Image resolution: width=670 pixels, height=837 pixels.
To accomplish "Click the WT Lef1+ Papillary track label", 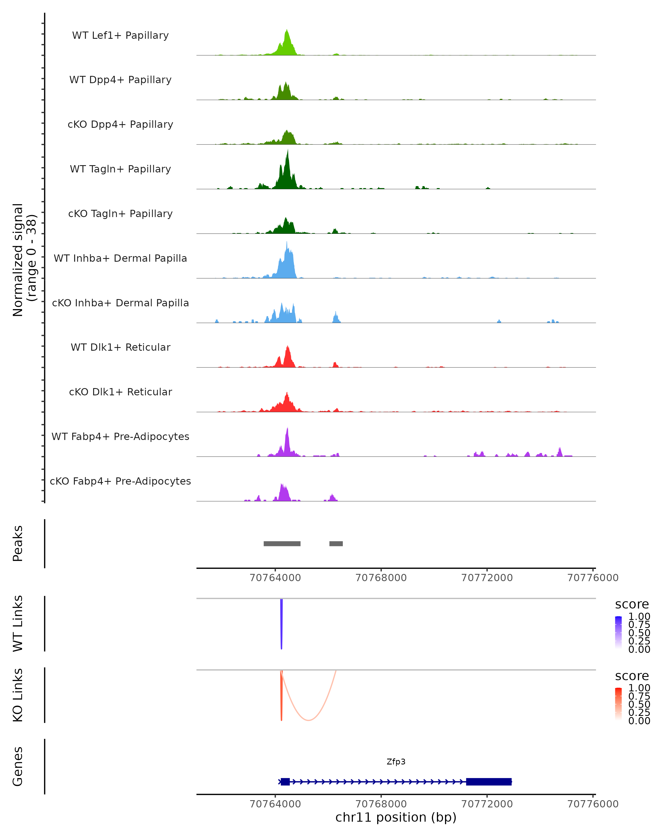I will click(120, 35).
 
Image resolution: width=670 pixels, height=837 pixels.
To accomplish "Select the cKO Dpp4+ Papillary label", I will click(120, 124).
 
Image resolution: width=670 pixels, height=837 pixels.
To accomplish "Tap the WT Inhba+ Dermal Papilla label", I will click(120, 258).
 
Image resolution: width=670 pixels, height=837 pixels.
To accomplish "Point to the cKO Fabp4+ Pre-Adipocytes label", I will click(120, 481).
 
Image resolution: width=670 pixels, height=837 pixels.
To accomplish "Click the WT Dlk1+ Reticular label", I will click(120, 347).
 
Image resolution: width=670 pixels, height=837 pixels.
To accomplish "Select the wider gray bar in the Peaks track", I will click(282, 543).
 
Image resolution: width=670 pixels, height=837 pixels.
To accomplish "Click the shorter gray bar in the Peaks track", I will click(336, 543).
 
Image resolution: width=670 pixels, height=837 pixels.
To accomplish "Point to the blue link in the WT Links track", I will click(281, 625).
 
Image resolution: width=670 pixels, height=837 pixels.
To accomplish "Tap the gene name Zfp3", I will click(396, 762).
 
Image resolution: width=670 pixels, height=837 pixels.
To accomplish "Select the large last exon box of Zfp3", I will click(489, 781).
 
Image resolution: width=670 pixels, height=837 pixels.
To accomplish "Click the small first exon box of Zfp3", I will click(285, 781).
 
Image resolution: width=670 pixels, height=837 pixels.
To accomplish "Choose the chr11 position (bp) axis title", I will click(396, 817).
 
